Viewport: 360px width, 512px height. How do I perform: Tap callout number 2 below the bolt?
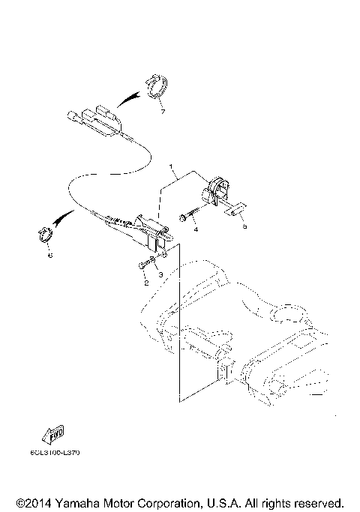tap(145, 283)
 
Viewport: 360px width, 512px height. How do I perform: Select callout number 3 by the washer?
tap(160, 275)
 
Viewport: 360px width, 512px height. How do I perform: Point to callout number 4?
tap(196, 229)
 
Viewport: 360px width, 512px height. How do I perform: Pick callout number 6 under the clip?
tap(50, 255)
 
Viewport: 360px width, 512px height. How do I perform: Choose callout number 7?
tap(160, 112)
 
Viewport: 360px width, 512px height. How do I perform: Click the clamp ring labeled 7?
tap(157, 88)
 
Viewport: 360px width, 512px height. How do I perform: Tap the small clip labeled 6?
tap(46, 237)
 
